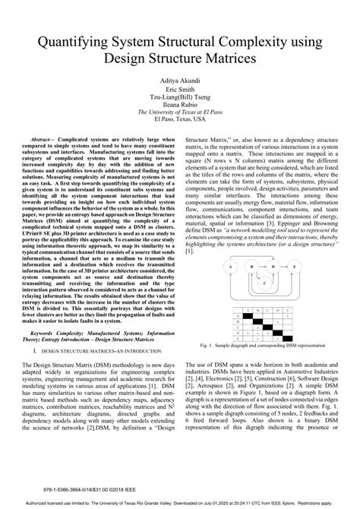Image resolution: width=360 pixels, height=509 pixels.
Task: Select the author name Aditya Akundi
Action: click(x=179, y=79)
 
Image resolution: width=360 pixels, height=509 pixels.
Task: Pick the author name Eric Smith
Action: click(x=179, y=88)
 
